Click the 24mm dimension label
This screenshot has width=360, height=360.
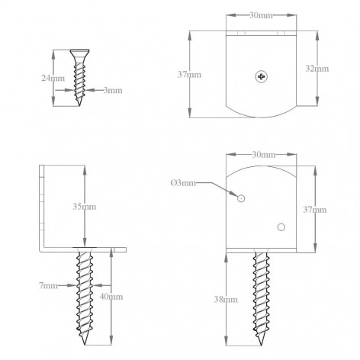(53, 78)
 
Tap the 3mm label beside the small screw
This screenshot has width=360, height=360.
(113, 90)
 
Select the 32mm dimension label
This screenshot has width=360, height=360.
(317, 69)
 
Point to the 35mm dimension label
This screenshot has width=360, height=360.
(85, 207)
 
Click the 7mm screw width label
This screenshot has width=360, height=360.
(49, 285)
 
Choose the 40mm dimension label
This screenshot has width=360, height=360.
(111, 297)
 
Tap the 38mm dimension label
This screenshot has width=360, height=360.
(226, 300)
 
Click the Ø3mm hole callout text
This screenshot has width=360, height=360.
(183, 183)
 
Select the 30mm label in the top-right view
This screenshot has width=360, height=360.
(261, 15)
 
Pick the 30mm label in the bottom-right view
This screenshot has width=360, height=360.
(264, 154)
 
